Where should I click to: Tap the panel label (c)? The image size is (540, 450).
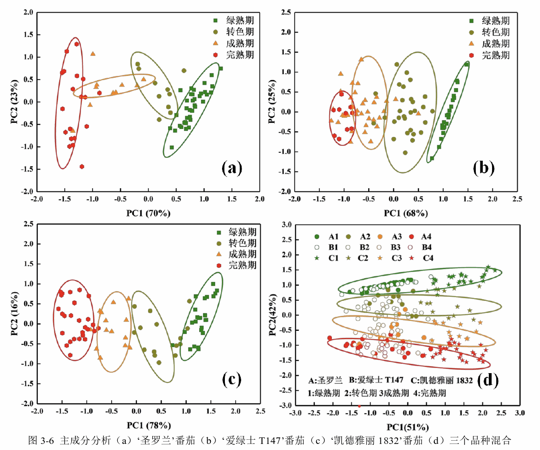tap(231, 380)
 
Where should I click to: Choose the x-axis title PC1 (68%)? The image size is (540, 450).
tap(404, 213)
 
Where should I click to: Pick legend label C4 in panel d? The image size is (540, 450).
tap(428, 258)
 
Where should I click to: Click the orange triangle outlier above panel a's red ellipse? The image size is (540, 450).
tap(93, 54)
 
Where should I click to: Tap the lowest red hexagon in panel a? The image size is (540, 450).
tap(82, 166)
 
